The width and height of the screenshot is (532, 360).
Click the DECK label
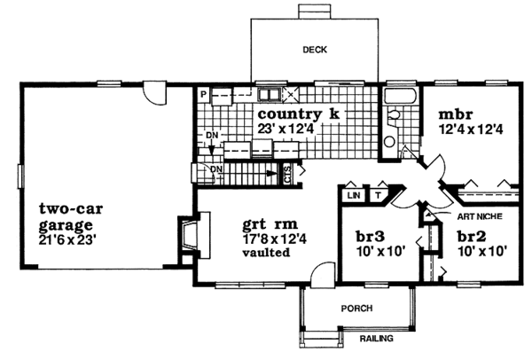315,50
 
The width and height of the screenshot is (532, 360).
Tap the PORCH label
356,309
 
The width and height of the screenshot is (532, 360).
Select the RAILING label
376,339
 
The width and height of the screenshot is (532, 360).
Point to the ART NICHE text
480,216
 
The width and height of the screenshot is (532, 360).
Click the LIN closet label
354,196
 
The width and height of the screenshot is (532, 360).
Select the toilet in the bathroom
394,114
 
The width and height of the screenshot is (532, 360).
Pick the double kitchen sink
269,94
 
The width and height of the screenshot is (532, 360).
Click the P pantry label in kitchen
203,94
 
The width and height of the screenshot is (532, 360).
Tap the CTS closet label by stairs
287,175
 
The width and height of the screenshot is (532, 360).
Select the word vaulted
266,253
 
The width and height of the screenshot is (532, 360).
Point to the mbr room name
456,114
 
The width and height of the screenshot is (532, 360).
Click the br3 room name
370,237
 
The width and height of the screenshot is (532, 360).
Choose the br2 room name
472,237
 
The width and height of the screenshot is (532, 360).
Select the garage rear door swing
154,93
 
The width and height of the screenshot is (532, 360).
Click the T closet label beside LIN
378,196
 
